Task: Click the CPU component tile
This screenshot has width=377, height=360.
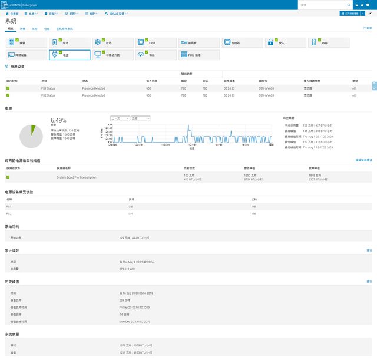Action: coord(156,43)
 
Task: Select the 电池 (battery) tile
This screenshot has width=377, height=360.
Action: coord(69,43)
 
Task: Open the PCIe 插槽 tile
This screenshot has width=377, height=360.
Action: coord(199,55)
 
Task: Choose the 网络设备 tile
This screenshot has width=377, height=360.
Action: coord(26,55)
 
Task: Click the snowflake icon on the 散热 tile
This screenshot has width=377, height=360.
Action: coord(98,43)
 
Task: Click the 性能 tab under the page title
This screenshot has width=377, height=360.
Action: coord(47,28)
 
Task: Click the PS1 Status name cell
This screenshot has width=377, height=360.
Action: coord(48,88)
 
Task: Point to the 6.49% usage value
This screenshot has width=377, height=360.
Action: coord(59,120)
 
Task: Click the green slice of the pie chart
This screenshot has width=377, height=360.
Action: coord(34,129)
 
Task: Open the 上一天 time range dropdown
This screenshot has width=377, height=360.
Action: coord(120,118)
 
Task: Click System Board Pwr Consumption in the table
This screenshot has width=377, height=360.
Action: coord(76,177)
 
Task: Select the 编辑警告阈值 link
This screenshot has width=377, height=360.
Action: coord(363,160)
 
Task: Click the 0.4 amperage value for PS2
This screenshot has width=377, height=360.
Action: coord(131,213)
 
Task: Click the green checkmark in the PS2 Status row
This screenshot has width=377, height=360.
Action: coord(8,95)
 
